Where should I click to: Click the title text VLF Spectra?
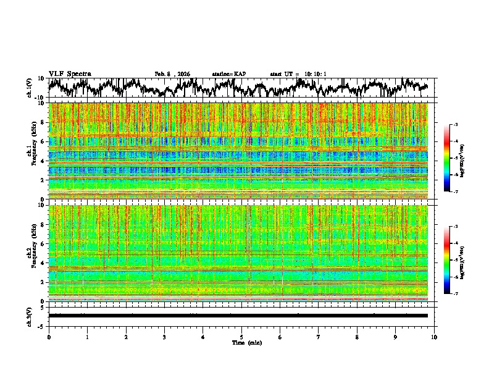[x=70, y=73]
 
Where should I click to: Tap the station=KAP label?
[x=229, y=74]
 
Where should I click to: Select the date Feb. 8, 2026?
[x=172, y=74]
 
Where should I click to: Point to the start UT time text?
[x=298, y=74]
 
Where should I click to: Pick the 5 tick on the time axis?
[x=241, y=337]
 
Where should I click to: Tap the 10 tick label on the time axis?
[x=434, y=337]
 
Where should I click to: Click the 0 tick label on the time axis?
[x=49, y=337]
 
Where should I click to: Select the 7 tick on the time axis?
[x=319, y=337]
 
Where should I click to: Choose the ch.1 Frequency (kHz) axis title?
[x=35, y=151]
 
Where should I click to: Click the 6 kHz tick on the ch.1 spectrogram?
[x=43, y=141]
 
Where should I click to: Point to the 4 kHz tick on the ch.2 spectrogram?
[x=43, y=262]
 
